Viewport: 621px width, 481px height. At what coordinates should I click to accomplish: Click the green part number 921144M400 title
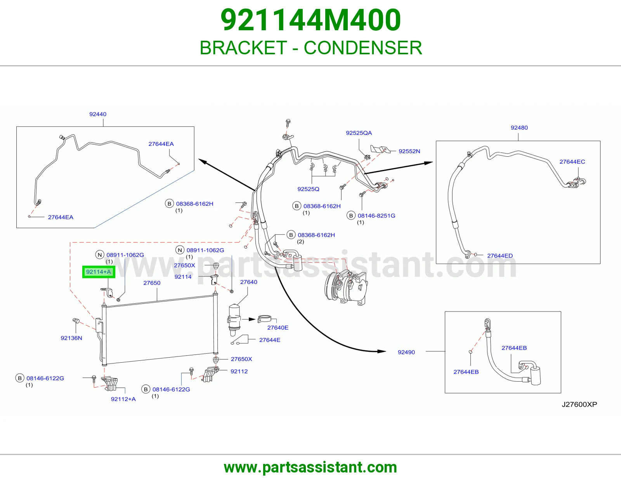click(310, 20)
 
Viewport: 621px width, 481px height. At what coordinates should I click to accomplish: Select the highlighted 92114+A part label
click(99, 272)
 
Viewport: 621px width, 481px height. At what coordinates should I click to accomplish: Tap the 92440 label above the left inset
click(98, 114)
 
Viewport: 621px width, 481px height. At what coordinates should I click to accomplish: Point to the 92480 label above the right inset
click(519, 128)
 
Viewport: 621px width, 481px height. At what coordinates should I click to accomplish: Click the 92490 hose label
click(406, 352)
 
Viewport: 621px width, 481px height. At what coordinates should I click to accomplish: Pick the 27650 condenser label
click(152, 283)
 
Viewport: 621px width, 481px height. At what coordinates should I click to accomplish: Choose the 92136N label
click(71, 338)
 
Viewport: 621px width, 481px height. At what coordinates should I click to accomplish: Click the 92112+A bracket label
click(123, 399)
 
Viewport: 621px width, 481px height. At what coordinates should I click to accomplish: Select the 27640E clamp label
click(278, 328)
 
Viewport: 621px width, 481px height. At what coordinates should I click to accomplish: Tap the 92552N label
click(409, 151)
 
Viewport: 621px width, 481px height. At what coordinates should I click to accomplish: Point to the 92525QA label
click(359, 133)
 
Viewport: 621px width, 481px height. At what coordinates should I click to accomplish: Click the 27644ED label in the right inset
click(500, 256)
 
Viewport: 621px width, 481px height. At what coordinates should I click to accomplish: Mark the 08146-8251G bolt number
click(376, 216)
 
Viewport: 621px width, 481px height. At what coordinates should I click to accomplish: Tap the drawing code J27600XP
click(579, 404)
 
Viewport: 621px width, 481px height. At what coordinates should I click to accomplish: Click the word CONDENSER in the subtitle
click(363, 48)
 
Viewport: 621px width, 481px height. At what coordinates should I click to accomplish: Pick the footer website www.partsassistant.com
click(310, 467)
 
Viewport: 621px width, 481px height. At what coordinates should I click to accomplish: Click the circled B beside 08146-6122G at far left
click(20, 378)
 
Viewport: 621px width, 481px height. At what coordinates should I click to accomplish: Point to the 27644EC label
click(572, 162)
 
